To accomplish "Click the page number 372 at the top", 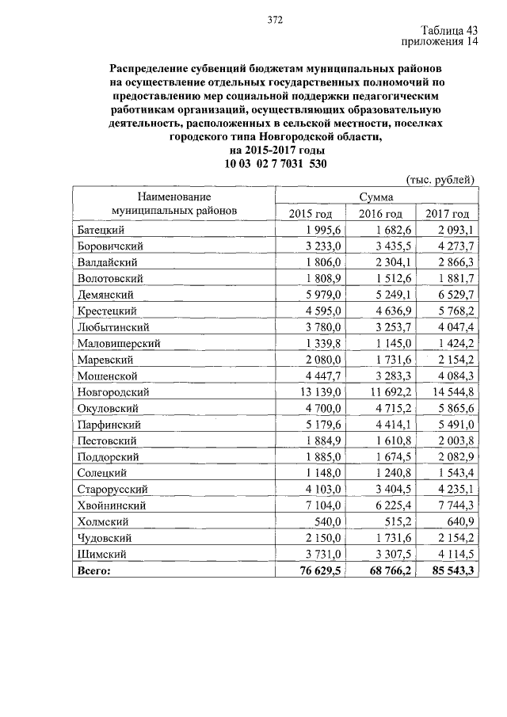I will click(275, 20).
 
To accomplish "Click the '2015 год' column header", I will click(311, 214).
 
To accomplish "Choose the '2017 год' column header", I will click(447, 214).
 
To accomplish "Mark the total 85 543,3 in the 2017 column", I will click(448, 570).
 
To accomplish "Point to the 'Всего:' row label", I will click(94, 570).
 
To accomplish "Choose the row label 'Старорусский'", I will click(113, 489).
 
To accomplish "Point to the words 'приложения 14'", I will click(440, 43).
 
